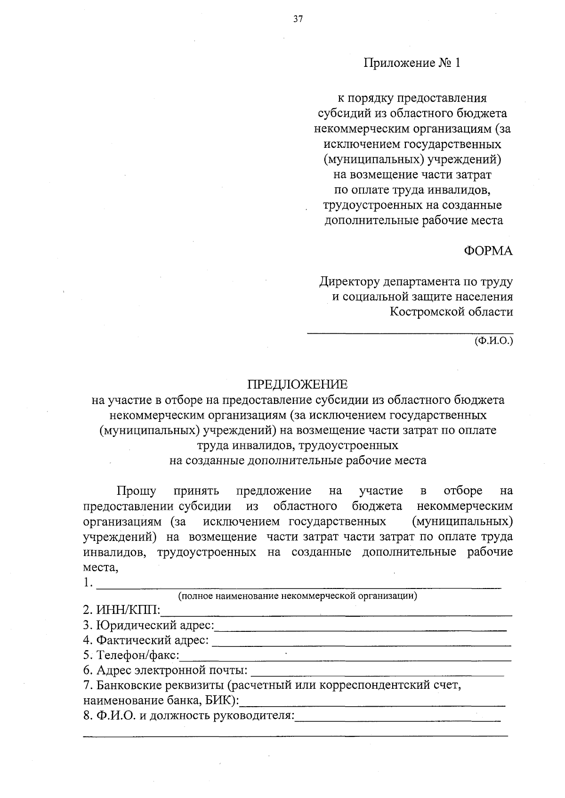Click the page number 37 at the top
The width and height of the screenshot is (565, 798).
coord(298,19)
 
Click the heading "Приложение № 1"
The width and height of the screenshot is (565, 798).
coord(412,63)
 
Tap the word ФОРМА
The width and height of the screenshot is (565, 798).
coord(488,251)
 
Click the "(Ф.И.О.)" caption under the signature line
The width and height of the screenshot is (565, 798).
coord(493,340)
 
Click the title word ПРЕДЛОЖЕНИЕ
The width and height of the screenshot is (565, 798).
coord(298,385)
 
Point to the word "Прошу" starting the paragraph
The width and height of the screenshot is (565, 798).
coord(137,491)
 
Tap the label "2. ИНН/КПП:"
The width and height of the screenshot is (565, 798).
coord(121,611)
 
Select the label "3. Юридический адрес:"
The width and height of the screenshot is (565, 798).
coord(148,626)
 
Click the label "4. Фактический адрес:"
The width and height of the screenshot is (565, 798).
coord(146,640)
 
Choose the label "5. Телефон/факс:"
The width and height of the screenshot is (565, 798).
coord(131,655)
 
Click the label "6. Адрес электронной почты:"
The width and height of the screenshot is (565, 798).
coord(165,670)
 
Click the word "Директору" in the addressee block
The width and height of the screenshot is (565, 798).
coord(349,282)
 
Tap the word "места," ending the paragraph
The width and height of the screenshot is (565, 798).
coord(100,567)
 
